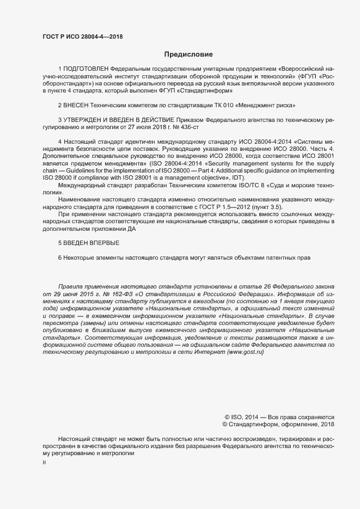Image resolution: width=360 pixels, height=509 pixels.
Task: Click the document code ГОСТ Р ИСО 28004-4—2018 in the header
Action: pyautogui.click(x=82, y=37)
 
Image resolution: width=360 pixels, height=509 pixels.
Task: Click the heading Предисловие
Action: pyautogui.click(x=188, y=54)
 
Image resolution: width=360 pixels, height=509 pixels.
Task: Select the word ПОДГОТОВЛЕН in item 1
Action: pyautogui.click(x=86, y=70)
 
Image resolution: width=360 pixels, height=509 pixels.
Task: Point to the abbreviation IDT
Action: pyautogui.click(x=237, y=179)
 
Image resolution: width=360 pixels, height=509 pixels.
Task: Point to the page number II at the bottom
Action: pyautogui.click(x=44, y=462)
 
